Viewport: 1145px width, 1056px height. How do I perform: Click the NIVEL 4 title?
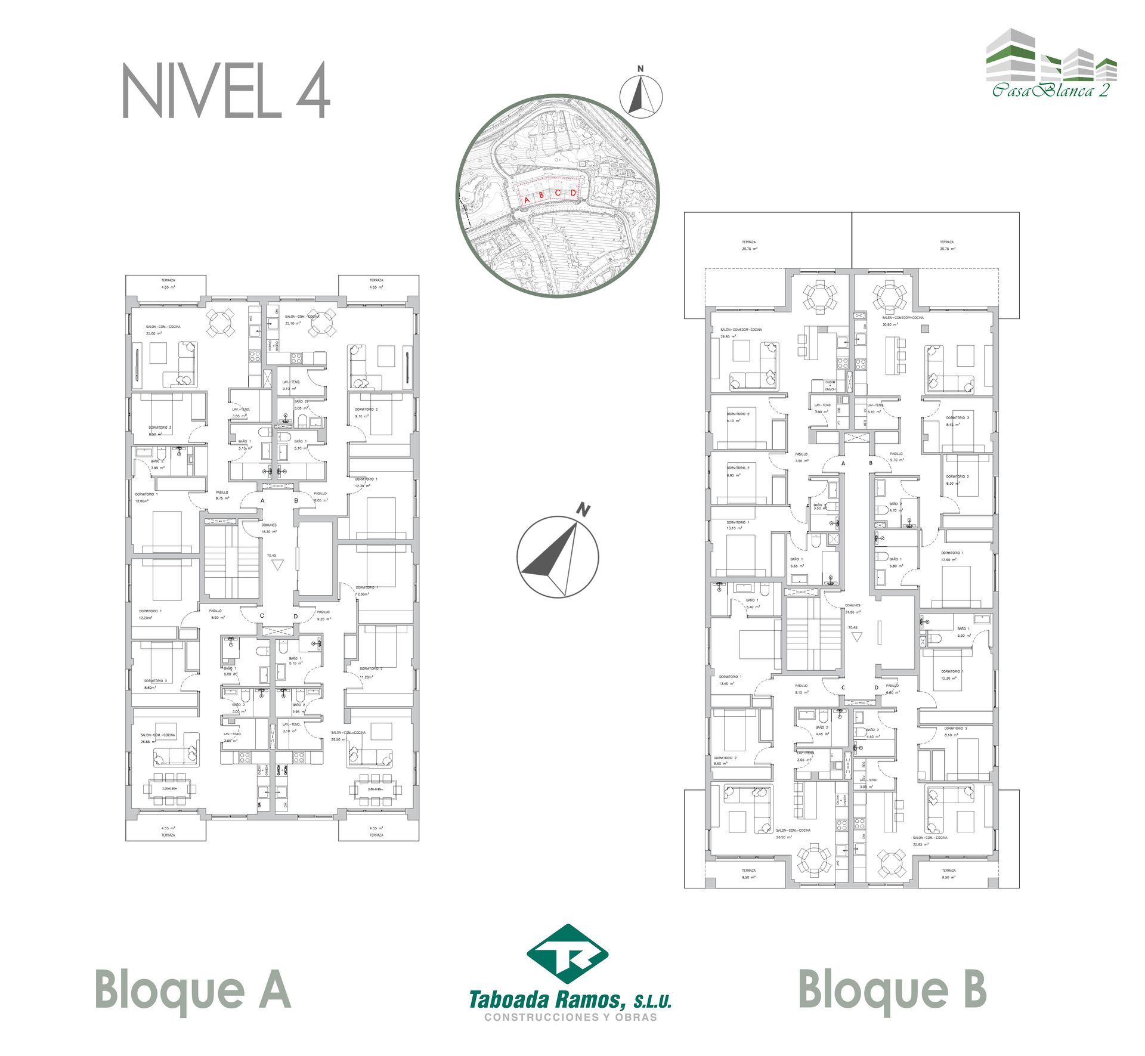click(226, 91)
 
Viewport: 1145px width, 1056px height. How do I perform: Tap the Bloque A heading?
click(193, 988)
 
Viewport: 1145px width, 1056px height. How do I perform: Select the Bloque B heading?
click(892, 988)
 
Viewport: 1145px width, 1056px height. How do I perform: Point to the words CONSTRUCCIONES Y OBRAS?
click(571, 1017)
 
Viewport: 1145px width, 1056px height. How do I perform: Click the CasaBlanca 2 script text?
click(1051, 91)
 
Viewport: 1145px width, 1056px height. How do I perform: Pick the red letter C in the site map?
click(558, 193)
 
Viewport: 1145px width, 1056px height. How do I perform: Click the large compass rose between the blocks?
click(558, 558)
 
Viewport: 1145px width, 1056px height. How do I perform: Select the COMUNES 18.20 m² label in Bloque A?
click(269, 528)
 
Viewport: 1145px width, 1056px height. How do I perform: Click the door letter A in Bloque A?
click(262, 500)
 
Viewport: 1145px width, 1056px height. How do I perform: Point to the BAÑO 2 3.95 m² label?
click(157, 464)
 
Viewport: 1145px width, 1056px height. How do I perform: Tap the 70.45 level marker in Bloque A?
click(272, 555)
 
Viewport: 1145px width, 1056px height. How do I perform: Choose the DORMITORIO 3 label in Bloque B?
click(958, 421)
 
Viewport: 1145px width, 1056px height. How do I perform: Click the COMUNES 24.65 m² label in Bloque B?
click(853, 608)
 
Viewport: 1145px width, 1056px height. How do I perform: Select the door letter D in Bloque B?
click(876, 688)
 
